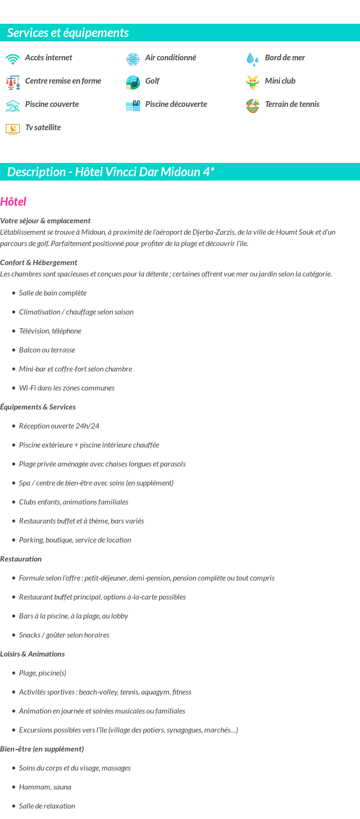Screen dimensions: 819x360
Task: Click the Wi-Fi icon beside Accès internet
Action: (x=13, y=59)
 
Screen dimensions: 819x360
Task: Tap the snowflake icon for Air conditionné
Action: (x=133, y=59)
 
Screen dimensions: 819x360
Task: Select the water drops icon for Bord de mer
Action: (x=253, y=59)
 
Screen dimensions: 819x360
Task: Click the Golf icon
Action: (x=133, y=82)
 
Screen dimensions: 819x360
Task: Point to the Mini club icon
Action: (x=253, y=82)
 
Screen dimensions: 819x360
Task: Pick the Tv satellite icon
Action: (x=13, y=129)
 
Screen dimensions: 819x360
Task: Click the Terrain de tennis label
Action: (x=292, y=104)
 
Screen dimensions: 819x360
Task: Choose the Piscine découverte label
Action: (x=176, y=104)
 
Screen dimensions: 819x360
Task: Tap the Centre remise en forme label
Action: (x=63, y=81)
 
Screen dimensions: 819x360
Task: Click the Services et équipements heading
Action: (x=68, y=33)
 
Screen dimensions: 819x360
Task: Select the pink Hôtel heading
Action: (x=13, y=202)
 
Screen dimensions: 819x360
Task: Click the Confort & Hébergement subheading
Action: (x=38, y=262)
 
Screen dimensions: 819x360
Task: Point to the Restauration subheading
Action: (x=21, y=559)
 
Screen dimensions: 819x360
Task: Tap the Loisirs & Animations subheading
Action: (x=32, y=654)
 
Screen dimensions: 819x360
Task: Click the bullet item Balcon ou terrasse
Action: (x=47, y=350)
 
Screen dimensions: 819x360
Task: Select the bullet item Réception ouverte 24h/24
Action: (x=59, y=426)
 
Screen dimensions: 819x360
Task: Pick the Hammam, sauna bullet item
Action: (x=45, y=787)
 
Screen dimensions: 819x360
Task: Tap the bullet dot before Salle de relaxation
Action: (x=14, y=806)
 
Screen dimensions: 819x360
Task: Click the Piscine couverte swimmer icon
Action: (x=13, y=105)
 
